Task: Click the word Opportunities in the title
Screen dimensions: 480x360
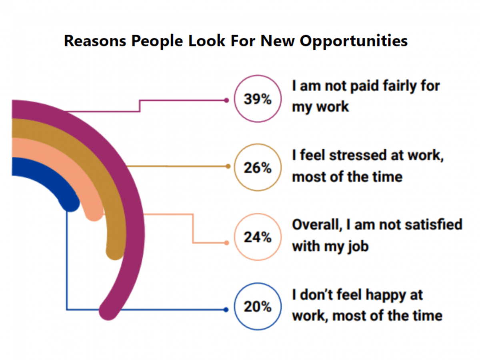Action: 354,42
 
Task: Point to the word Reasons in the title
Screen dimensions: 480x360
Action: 95,41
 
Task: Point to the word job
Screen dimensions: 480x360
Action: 358,247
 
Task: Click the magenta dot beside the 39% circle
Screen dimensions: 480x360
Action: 226,100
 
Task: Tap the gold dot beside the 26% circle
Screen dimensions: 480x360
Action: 228,166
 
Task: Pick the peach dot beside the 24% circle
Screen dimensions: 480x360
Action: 226,243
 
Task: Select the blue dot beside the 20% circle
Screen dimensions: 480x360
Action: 226,310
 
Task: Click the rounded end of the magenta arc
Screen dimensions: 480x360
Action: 108,310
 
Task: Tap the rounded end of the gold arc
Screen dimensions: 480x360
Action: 115,250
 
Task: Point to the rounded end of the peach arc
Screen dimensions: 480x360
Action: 94,212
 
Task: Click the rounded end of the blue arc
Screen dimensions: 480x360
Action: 70,203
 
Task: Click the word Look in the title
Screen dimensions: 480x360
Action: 207,41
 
